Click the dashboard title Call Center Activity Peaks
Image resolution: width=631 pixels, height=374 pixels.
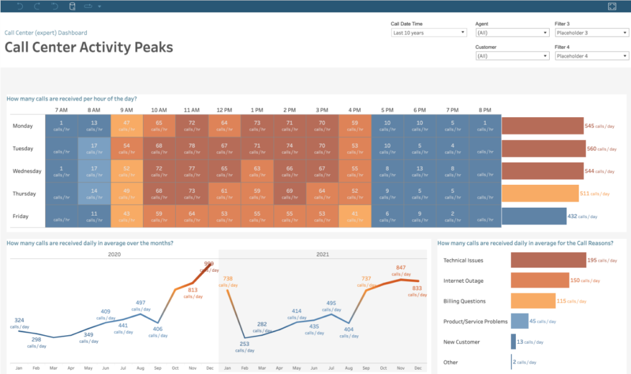(89, 47)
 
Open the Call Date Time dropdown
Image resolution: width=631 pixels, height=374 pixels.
(428, 33)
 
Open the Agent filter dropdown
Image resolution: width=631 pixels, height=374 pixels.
(511, 33)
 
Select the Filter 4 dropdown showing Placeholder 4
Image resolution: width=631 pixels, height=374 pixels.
(590, 56)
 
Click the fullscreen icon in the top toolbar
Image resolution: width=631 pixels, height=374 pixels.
(612, 6)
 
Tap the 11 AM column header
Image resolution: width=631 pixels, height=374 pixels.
(192, 110)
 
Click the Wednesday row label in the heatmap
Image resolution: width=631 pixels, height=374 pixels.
(26, 171)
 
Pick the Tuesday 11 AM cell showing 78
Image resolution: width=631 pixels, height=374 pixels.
(192, 148)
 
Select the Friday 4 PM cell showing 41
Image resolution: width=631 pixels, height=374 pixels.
(354, 216)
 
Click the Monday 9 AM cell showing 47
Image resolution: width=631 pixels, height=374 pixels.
(126, 126)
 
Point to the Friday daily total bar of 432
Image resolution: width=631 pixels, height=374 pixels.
(534, 216)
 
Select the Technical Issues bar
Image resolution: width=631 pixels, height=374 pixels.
(548, 260)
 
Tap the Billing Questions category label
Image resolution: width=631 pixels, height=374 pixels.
(464, 301)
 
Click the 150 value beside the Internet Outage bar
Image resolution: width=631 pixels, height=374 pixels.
(574, 280)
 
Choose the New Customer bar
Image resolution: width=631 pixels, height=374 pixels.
(513, 342)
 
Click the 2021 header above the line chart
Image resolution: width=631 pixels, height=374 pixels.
(323, 254)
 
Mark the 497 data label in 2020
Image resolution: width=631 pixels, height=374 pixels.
(140, 303)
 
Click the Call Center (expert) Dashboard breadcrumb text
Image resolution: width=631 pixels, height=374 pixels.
(46, 33)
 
